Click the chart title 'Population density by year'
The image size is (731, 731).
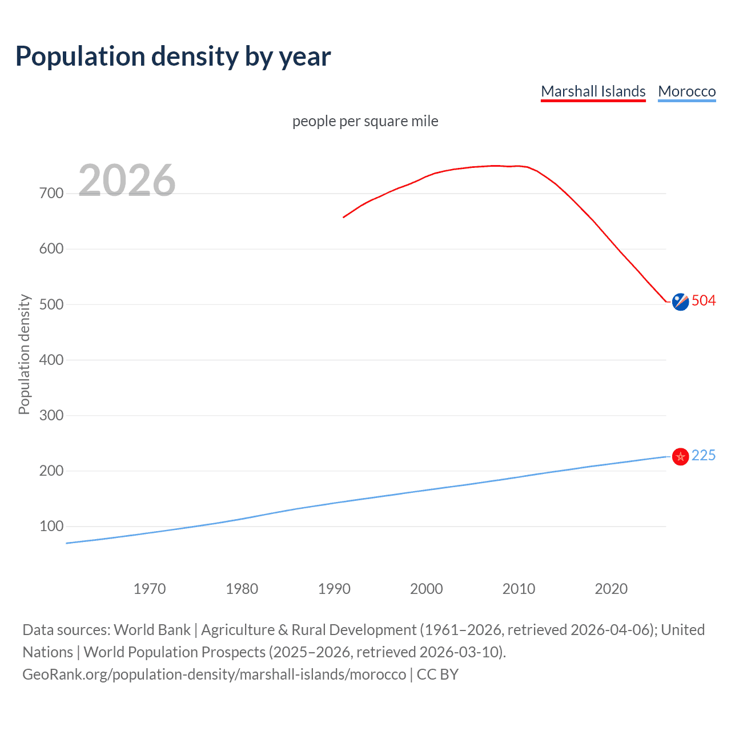[x=173, y=57]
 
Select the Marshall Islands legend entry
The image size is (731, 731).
[x=593, y=91]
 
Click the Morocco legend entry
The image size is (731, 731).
[x=686, y=91]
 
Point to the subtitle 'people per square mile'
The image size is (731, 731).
[x=365, y=121]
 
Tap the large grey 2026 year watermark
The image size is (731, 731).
[x=127, y=180]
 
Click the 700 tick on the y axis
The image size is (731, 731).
[x=51, y=194]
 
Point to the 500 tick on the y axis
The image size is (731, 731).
[x=51, y=304]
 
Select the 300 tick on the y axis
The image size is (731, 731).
[x=51, y=415]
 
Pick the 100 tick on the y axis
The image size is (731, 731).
[x=51, y=526]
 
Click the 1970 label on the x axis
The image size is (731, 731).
[x=150, y=589]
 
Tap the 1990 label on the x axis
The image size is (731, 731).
[x=334, y=589]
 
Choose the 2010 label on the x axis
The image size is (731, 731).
[x=519, y=589]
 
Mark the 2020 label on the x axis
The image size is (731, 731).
[x=611, y=589]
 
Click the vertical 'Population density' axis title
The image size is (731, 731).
[x=24, y=354]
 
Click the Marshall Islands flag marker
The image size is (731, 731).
[x=680, y=302]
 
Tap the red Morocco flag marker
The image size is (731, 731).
[x=680, y=456]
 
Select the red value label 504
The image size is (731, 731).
[x=704, y=301]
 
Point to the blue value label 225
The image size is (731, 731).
[x=704, y=455]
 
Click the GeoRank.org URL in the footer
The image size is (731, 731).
[x=214, y=674]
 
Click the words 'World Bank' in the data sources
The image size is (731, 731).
[x=152, y=630]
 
